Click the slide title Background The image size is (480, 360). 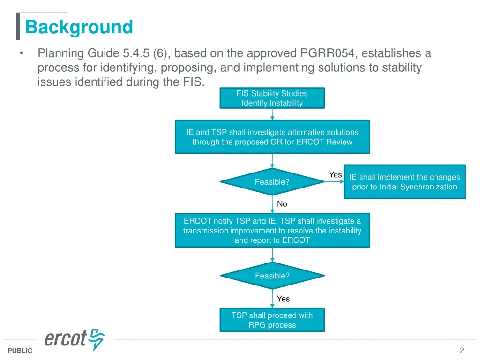[x=79, y=27]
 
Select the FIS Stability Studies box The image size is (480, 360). [x=272, y=98]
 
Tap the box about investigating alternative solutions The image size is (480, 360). [x=272, y=137]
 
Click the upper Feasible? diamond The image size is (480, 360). [x=272, y=182]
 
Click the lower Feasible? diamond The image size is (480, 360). [x=272, y=276]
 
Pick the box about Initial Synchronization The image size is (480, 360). [x=405, y=182]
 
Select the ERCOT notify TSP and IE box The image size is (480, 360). [x=272, y=230]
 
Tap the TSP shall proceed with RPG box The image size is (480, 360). [x=272, y=320]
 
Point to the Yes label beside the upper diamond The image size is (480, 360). [x=335, y=175]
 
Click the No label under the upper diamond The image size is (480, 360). [x=282, y=204]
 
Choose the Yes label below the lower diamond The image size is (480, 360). [x=283, y=299]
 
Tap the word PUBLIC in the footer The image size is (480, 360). [x=20, y=351]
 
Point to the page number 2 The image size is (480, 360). [x=462, y=351]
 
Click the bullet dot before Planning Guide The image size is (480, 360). [x=22, y=54]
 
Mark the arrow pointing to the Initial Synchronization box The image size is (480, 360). [x=334, y=182]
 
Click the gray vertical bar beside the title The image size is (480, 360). [x=18, y=26]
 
